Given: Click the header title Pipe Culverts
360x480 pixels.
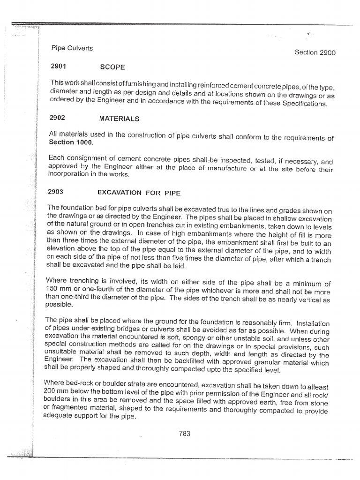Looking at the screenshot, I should pos(72,48).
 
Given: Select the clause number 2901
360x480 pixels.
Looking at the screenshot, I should pos(59,67).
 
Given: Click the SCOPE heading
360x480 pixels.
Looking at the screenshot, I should pos(112,67).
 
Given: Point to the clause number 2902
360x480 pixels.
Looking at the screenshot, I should pos(58,119).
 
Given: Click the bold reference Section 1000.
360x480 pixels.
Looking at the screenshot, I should pos(71,142).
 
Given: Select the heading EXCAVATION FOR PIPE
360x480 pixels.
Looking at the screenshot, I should pos(138,192).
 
